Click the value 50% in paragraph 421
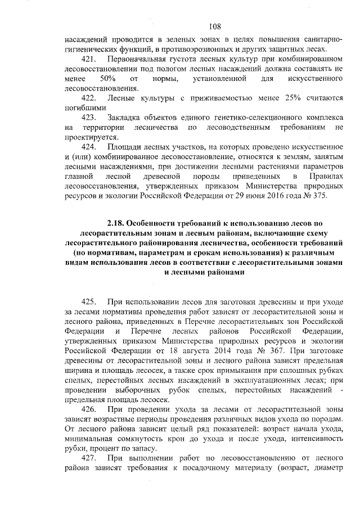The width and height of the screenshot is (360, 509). tap(107, 78)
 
